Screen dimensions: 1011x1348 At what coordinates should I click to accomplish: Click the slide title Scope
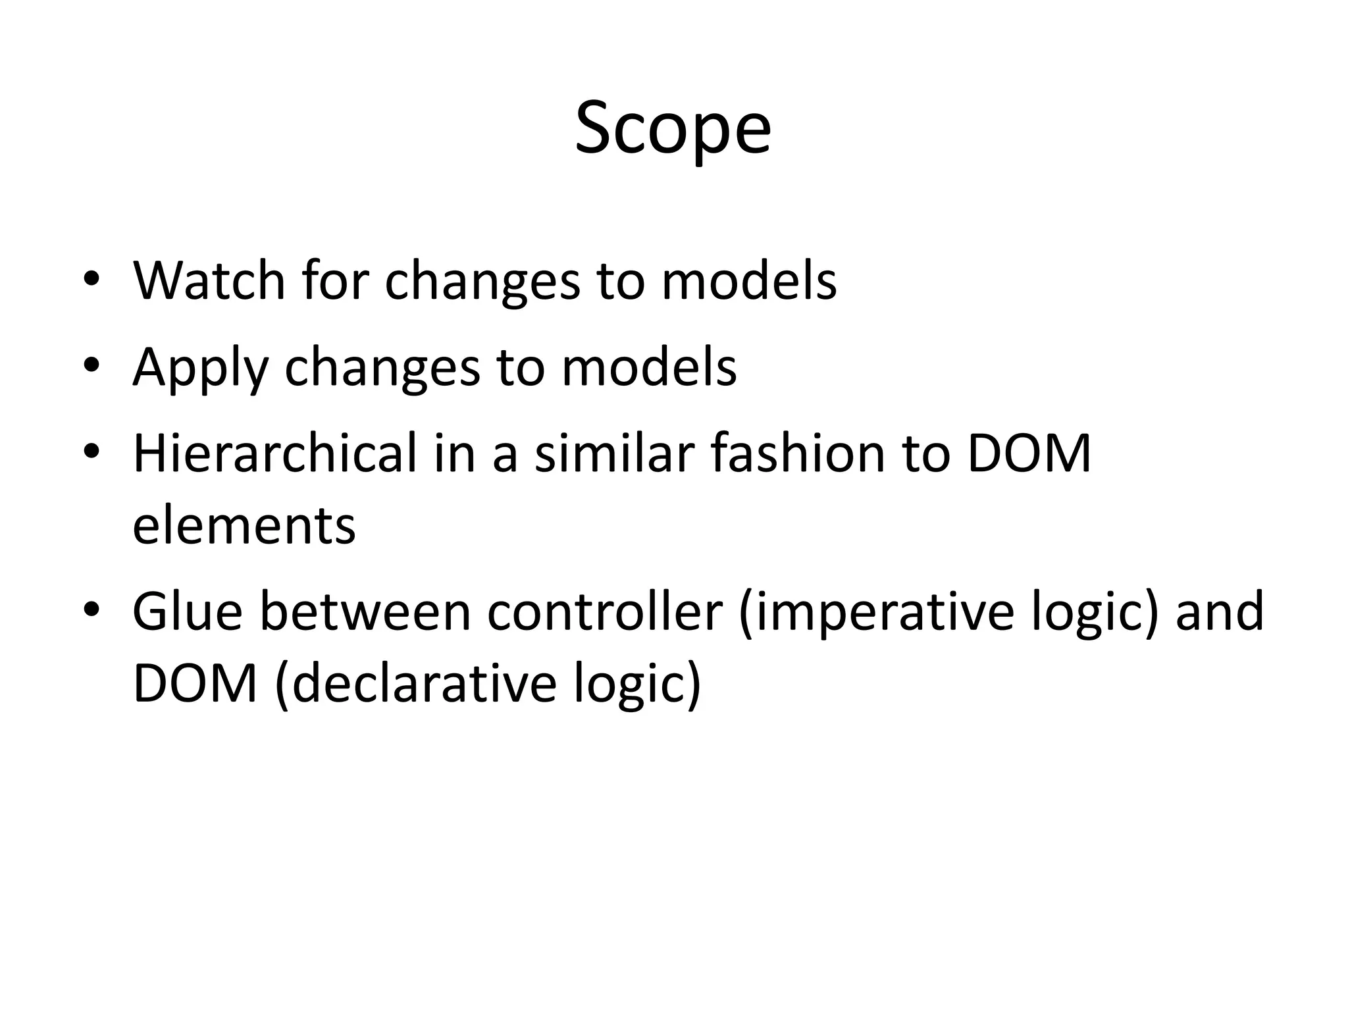pyautogui.click(x=673, y=128)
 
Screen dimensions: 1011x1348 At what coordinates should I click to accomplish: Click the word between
pyautogui.click(x=365, y=611)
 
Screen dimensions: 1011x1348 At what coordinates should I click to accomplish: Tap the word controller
pyautogui.click(x=605, y=611)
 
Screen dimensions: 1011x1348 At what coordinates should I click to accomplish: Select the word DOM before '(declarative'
pyautogui.click(x=195, y=685)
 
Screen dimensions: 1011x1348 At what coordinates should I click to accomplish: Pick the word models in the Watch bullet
pyautogui.click(x=748, y=281)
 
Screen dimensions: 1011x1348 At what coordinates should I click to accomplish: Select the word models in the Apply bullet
pyautogui.click(x=648, y=368)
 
